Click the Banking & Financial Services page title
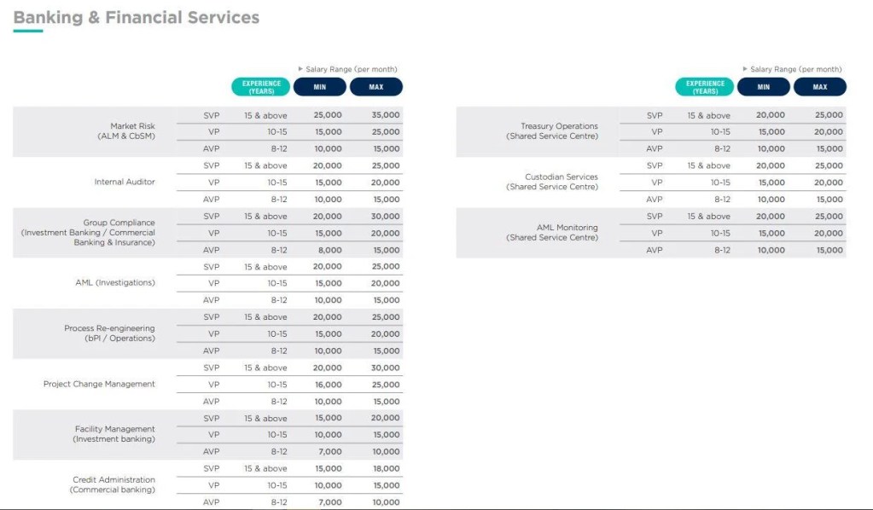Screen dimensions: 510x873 137,17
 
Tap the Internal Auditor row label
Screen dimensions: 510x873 125,183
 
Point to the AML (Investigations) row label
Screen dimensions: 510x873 115,283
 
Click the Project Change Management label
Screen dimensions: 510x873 99,385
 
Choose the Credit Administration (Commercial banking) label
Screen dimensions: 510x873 113,485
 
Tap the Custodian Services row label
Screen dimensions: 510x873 560,182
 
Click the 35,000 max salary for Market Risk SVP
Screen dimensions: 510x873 386,115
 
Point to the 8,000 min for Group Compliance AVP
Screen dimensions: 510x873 329,250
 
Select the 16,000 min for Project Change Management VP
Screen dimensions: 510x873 328,385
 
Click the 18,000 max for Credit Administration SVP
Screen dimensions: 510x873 386,468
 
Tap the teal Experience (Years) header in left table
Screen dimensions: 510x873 261,87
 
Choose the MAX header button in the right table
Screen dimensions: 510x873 819,87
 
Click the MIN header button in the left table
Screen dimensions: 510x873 320,87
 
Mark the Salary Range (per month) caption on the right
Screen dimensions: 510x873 794,69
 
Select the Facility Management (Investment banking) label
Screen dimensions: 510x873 114,434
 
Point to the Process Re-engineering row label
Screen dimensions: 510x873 109,333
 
